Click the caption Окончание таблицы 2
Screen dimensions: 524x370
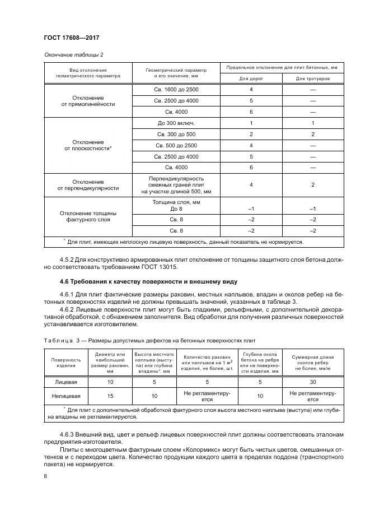(73, 54)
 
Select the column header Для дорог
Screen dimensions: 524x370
(251, 78)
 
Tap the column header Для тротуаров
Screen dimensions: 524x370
(313, 78)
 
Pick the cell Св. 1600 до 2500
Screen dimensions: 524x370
(176, 90)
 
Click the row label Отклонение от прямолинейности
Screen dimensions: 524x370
(87, 100)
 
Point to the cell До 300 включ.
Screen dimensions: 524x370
(176, 123)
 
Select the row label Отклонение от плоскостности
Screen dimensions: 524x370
(87, 145)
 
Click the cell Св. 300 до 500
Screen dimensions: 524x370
(176, 134)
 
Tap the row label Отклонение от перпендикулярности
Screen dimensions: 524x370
(87, 185)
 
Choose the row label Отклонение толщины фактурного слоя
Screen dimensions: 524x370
(87, 216)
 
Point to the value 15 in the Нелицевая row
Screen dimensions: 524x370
(110, 396)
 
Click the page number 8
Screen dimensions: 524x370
(45, 476)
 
